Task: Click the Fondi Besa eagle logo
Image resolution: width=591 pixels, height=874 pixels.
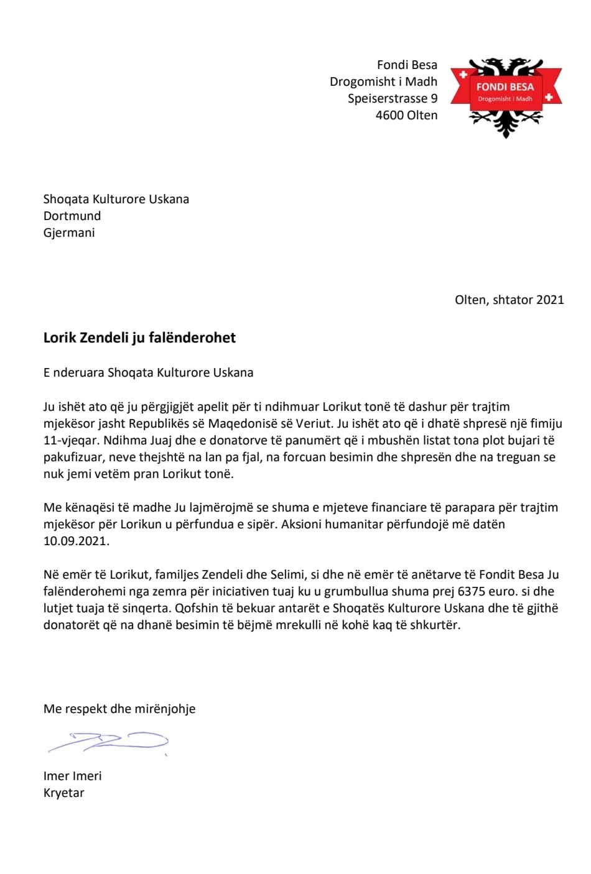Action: click(506, 97)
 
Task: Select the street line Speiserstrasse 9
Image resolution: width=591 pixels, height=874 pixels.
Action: click(392, 99)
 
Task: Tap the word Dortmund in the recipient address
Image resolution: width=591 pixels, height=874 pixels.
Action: click(72, 216)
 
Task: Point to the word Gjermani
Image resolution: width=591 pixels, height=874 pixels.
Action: click(69, 233)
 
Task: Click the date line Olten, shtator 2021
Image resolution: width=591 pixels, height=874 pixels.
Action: click(509, 300)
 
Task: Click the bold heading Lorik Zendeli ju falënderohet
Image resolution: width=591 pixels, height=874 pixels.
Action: click(139, 338)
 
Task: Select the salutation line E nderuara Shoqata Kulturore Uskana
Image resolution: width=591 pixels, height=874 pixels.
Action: click(148, 373)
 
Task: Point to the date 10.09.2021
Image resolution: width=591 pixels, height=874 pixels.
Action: click(76, 541)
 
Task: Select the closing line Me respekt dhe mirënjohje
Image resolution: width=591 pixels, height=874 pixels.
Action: click(119, 709)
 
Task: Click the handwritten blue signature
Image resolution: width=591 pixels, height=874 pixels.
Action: click(109, 742)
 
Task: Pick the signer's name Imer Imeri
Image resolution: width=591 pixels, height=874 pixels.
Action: click(72, 776)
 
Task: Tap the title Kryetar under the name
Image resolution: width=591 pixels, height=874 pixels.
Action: click(63, 793)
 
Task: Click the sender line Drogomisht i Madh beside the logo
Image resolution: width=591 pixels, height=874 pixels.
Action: click(383, 82)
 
